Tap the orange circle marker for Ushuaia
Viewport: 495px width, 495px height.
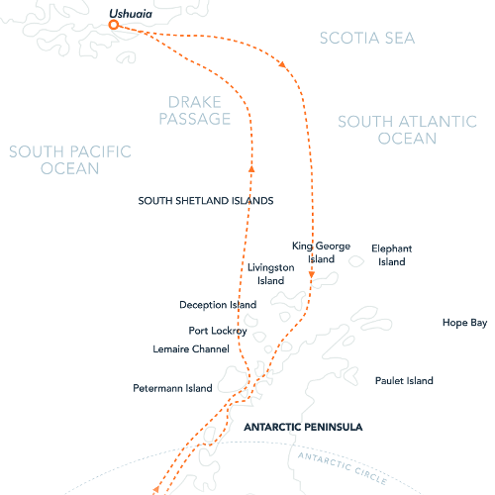[114, 25]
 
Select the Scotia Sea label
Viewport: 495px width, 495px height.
[367, 38]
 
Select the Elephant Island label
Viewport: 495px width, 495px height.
[391, 255]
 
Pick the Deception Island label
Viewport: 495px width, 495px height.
[218, 305]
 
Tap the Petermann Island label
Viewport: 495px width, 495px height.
[173, 388]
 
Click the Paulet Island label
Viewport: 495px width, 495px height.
[404, 380]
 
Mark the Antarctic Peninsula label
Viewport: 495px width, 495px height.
[302, 428]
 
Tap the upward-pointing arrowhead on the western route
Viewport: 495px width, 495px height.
[252, 168]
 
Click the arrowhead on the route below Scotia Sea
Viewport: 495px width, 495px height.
[284, 65]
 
